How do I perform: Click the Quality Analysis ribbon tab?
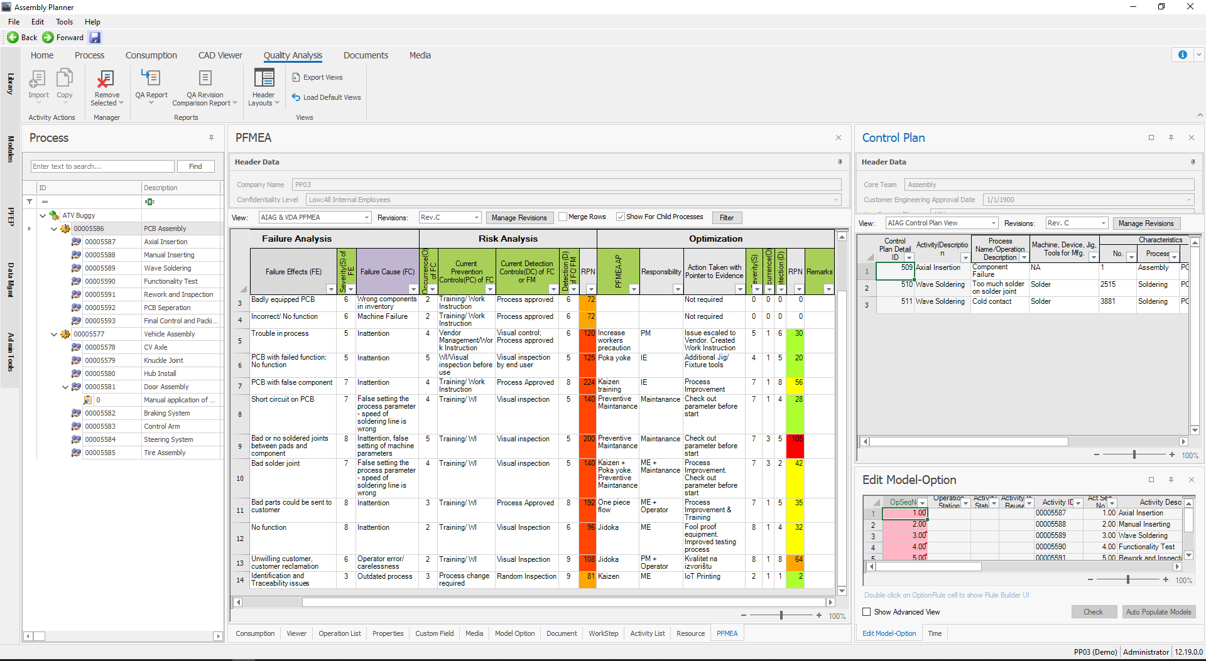[293, 55]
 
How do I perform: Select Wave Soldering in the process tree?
[167, 268]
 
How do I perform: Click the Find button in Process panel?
[195, 166]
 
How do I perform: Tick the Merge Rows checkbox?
[563, 217]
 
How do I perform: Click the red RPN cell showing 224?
[588, 382]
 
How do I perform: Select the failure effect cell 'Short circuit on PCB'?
[283, 399]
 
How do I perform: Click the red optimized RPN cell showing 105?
[796, 439]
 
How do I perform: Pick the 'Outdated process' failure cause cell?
[384, 576]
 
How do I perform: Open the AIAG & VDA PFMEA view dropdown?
[367, 217]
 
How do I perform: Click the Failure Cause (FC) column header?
[387, 272]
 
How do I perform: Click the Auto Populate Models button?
[1158, 612]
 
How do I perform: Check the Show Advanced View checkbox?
[867, 612]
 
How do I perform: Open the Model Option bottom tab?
[514, 633]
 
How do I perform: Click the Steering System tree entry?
[168, 439]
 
